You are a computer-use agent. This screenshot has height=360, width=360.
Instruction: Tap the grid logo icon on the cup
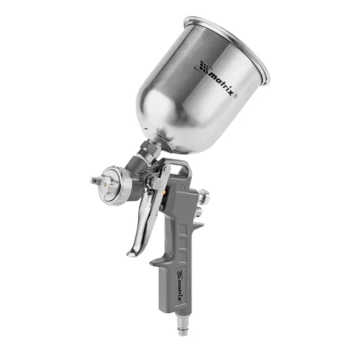pos(202,66)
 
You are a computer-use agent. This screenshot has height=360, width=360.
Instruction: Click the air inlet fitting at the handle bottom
pos(181,323)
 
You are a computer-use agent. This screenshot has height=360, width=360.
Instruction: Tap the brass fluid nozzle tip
pos(106,185)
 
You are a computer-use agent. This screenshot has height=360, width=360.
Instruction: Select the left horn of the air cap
pos(96,179)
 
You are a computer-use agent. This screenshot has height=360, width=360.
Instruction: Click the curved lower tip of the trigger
pos(131,252)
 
